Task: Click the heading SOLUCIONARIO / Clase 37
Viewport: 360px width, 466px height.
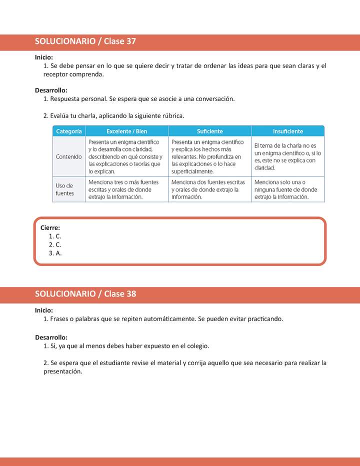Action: pos(85,42)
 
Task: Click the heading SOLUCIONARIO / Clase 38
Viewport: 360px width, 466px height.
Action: pos(85,294)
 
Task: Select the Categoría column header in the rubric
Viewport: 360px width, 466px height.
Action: pos(69,131)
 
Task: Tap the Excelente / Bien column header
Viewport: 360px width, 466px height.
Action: pos(127,131)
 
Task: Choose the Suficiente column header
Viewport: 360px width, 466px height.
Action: pos(209,131)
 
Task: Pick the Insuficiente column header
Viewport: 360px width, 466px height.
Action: pos(287,131)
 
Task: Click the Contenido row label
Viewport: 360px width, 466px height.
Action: pos(69,156)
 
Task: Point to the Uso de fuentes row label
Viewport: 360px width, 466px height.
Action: pos(65,189)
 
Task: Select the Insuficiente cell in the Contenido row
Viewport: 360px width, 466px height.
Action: pos(287,156)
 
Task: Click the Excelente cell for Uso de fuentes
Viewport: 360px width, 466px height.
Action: pos(127,189)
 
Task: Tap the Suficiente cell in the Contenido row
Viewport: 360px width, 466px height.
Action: pos(209,156)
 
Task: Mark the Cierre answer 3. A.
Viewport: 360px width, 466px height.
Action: pos(55,253)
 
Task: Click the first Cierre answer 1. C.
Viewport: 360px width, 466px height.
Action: pos(55,236)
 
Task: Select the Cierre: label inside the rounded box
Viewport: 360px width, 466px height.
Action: pos(50,228)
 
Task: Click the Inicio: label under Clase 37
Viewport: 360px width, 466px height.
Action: pos(44,57)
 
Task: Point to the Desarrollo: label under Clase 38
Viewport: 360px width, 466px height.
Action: pos(51,337)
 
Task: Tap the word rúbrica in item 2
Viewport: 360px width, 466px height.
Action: pos(173,116)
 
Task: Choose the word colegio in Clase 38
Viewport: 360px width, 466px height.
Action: pos(197,346)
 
